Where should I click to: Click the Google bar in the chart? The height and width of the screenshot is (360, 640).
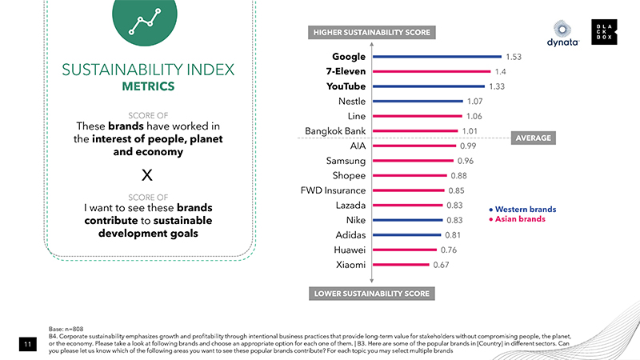click(437, 57)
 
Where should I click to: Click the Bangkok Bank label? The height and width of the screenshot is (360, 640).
click(335, 131)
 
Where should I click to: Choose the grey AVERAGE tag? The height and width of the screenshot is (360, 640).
click(534, 138)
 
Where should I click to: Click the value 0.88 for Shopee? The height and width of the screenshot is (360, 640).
click(459, 176)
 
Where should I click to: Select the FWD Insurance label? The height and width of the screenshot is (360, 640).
click(333, 190)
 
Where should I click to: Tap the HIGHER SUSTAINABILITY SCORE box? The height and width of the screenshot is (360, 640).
click(371, 33)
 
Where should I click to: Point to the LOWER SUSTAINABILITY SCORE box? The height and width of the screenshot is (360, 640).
click(371, 294)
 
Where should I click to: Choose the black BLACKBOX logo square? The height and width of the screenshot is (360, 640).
click(605, 31)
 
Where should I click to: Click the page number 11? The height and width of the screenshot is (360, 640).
click(26, 344)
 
